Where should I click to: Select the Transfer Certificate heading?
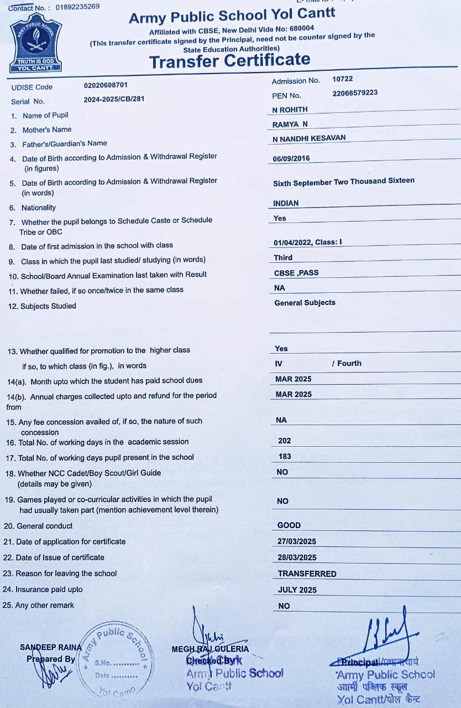(229, 60)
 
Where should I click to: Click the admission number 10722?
(342, 79)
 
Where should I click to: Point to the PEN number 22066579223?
(355, 93)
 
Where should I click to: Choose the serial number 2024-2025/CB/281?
(114, 100)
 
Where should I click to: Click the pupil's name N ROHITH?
(290, 110)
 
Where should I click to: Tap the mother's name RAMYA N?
(290, 125)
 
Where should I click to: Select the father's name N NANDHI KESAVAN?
(309, 138)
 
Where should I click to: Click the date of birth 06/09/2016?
(291, 159)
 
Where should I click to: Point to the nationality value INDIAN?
(286, 203)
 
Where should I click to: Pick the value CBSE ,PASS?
(296, 273)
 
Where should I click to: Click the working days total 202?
(285, 441)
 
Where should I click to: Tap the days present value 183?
(285, 457)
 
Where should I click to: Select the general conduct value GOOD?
(289, 525)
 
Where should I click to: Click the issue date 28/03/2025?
(297, 557)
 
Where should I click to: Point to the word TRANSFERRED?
(307, 574)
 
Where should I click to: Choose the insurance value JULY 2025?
(297, 590)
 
